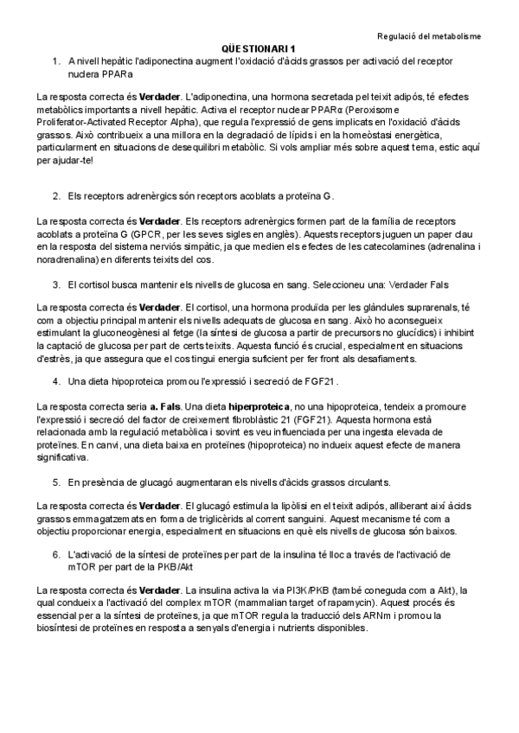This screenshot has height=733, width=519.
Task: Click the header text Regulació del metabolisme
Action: pos(430,35)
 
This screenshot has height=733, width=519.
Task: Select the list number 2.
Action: pos(56,197)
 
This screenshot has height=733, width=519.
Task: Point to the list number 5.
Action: pos(56,481)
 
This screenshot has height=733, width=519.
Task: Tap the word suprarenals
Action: pos(430,308)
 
